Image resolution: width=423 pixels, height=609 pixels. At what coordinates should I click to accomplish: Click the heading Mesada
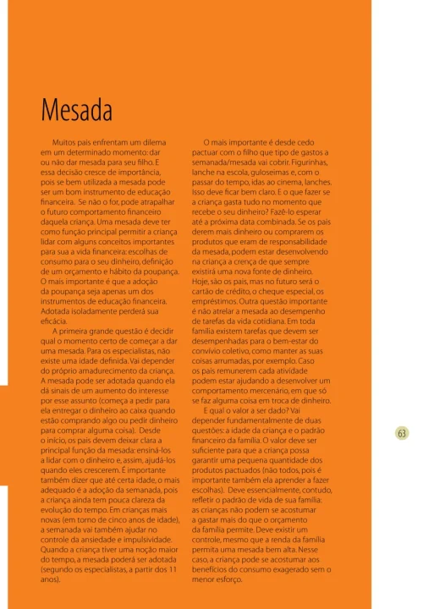point(77,110)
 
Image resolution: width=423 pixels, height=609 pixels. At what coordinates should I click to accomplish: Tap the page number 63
point(402,432)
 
